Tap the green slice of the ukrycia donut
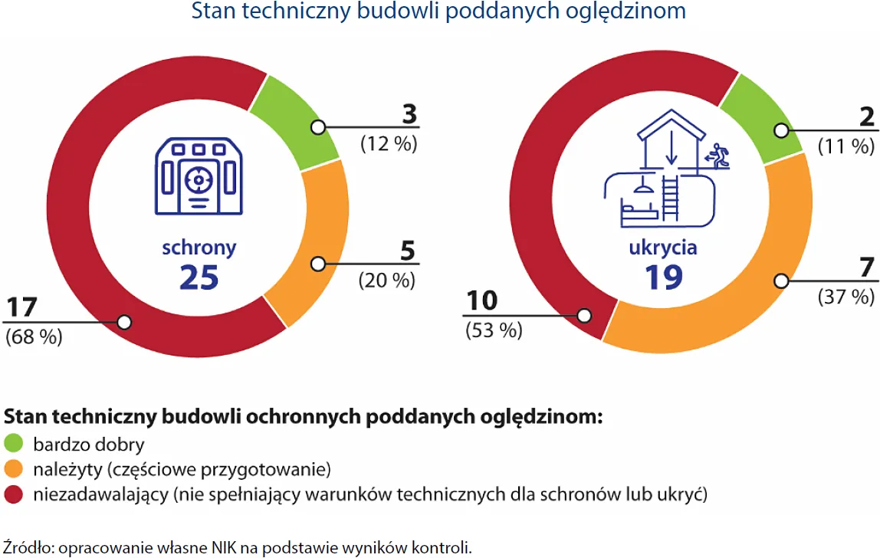click(x=759, y=115)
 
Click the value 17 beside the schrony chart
click(x=24, y=309)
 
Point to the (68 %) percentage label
click(x=34, y=337)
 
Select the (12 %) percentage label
click(x=389, y=143)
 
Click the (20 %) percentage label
click(x=387, y=281)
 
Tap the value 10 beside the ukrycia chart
click(x=482, y=302)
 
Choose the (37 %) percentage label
click(x=846, y=297)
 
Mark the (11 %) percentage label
click(x=846, y=146)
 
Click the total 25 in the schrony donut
click(x=199, y=277)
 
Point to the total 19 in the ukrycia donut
click(x=663, y=277)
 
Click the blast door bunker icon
click(x=199, y=177)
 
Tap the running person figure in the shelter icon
click(x=719, y=156)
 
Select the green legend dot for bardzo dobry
click(x=14, y=444)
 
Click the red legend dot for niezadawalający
click(x=14, y=494)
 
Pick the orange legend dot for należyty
click(x=14, y=469)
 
